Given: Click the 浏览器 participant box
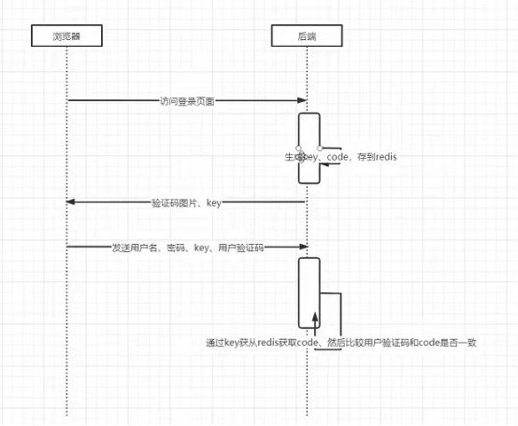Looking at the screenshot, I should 67,36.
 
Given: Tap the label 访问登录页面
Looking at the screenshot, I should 187,100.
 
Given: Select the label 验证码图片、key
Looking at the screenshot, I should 185,202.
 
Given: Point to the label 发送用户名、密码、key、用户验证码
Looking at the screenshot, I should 187,248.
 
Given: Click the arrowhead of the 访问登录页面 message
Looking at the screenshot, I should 304,100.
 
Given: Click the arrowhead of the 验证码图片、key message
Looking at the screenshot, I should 71,202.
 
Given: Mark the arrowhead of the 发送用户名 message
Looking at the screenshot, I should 304,248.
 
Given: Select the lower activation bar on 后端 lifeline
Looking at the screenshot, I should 309,292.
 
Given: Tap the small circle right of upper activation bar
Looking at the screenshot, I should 321,149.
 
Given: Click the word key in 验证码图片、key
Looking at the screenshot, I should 213,202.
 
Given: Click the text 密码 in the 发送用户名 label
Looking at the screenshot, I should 174,248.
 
